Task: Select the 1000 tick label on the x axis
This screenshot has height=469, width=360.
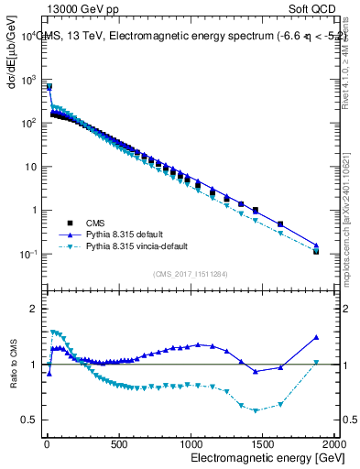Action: [190, 443]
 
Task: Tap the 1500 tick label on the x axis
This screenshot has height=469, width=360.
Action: [262, 443]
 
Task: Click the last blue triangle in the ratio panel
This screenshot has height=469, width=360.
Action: [316, 337]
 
